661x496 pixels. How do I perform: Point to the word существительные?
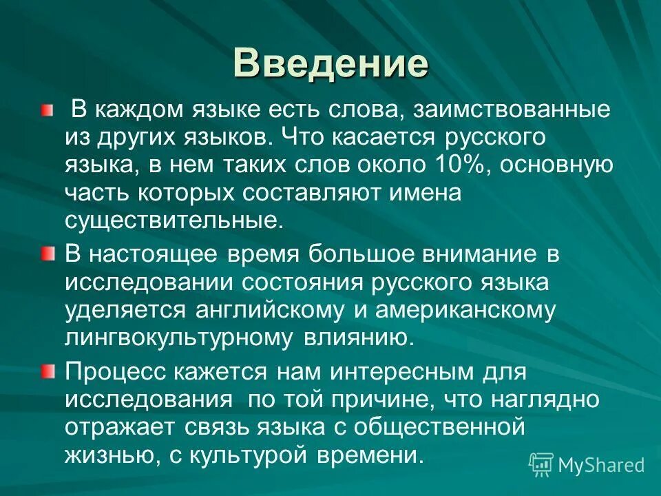tap(174, 220)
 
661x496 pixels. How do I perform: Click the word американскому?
tap(465, 310)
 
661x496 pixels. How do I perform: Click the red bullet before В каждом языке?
tap(46, 110)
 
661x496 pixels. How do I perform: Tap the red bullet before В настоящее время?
tap(46, 254)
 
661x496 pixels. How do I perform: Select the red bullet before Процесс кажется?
tap(46, 372)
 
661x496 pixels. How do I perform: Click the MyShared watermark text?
tap(600, 464)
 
